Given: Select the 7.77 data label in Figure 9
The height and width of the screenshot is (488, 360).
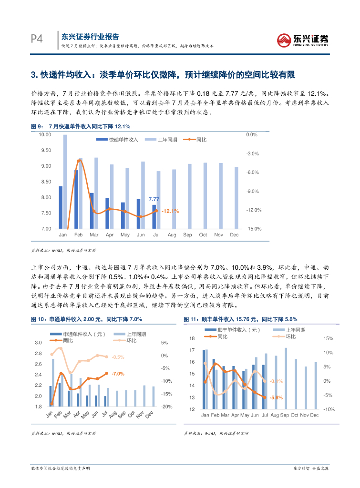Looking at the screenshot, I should (x=154, y=199).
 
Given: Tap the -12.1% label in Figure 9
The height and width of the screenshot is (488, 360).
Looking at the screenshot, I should (x=170, y=211).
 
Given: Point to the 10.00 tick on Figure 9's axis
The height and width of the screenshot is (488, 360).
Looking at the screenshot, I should (x=44, y=135).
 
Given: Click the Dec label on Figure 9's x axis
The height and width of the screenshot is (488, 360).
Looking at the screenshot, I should (x=234, y=235).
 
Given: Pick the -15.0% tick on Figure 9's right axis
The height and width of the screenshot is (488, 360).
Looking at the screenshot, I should (x=254, y=229).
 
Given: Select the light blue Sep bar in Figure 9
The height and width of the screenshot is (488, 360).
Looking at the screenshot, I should (x=189, y=196).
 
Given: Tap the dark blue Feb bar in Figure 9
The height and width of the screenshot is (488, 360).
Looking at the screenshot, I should (x=76, y=199).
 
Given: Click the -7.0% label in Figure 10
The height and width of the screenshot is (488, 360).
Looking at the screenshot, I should (x=117, y=374).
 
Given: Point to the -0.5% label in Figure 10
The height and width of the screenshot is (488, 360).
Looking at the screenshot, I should (x=117, y=357).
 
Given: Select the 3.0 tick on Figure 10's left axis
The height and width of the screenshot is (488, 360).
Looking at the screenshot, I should (x=39, y=343).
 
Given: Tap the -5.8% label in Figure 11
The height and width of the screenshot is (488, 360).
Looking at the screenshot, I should (x=276, y=397).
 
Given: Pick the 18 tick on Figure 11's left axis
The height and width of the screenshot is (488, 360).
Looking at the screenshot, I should (x=192, y=338).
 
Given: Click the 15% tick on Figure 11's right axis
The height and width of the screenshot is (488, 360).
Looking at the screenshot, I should (x=328, y=338).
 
